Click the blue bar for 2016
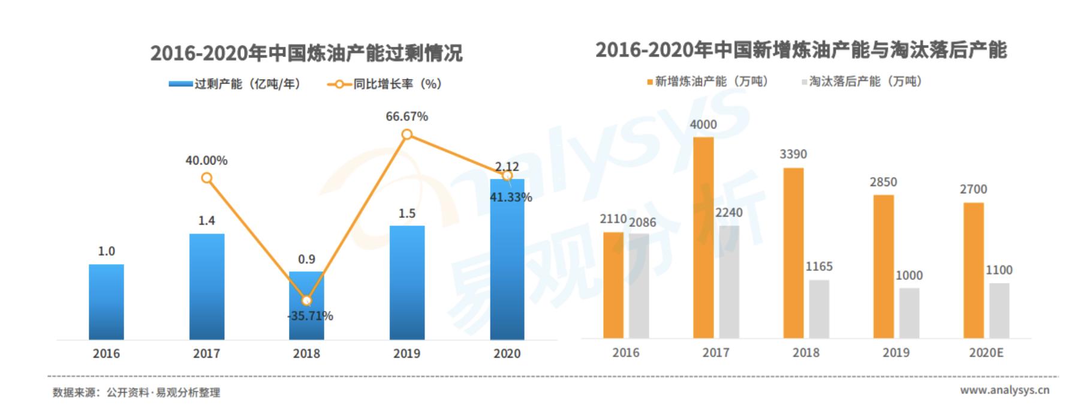tap(106, 302)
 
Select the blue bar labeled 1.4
tap(207, 286)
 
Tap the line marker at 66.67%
tap(407, 134)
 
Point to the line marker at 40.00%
tap(207, 178)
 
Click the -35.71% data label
tap(310, 316)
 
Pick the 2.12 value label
tap(507, 166)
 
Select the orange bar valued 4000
tap(703, 237)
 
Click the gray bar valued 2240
tap(729, 282)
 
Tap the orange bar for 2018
tap(793, 253)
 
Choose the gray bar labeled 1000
tap(909, 313)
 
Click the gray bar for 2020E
tap(999, 310)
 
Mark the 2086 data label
tap(642, 222)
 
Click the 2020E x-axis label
tap(986, 352)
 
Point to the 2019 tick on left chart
tap(407, 354)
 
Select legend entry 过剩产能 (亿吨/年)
tap(235, 84)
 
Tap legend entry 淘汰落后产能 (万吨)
tap(862, 81)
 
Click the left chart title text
tap(306, 53)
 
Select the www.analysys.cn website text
tap(1004, 390)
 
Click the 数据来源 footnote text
tap(136, 393)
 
